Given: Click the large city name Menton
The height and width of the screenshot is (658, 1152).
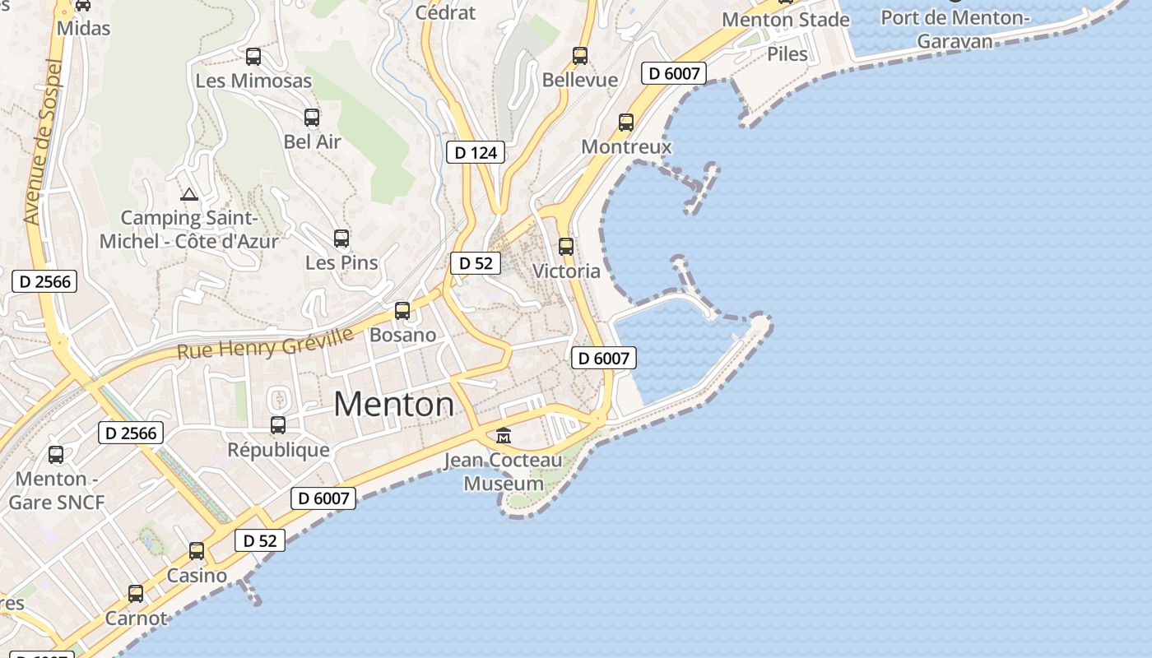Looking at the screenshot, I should pyautogui.click(x=393, y=404).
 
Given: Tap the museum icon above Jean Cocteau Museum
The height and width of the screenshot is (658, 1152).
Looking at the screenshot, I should pyautogui.click(x=504, y=435).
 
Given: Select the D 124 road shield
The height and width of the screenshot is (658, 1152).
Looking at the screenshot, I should pyautogui.click(x=476, y=152).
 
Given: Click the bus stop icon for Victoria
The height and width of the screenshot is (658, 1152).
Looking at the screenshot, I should pyautogui.click(x=566, y=246).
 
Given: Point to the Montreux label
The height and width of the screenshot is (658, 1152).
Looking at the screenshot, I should pyautogui.click(x=626, y=146).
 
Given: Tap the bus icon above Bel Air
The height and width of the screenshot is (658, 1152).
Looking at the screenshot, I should pyautogui.click(x=311, y=118).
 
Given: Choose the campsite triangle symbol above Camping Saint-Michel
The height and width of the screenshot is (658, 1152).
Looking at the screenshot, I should pyautogui.click(x=189, y=195).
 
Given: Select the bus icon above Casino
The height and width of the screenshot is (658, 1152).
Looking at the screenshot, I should pyautogui.click(x=197, y=551).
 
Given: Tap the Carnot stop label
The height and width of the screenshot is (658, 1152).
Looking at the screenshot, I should pyautogui.click(x=136, y=618).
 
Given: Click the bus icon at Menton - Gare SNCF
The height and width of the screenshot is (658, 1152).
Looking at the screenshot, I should pyautogui.click(x=56, y=454).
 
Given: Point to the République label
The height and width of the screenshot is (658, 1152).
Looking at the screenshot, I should pyautogui.click(x=278, y=450).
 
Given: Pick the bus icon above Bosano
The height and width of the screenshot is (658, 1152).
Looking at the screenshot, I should pyautogui.click(x=402, y=311).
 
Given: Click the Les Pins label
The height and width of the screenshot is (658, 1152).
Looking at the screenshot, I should pyautogui.click(x=341, y=262).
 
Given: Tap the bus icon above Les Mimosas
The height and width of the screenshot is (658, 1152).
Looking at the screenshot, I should pyautogui.click(x=253, y=57).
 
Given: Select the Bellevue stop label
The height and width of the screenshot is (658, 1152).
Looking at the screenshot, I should pyautogui.click(x=580, y=80).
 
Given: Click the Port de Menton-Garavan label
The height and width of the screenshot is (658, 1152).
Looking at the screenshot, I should pyautogui.click(x=955, y=28).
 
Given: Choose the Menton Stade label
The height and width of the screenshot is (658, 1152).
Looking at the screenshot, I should pyautogui.click(x=786, y=20).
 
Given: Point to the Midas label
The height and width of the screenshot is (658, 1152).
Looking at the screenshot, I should pyautogui.click(x=84, y=28).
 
